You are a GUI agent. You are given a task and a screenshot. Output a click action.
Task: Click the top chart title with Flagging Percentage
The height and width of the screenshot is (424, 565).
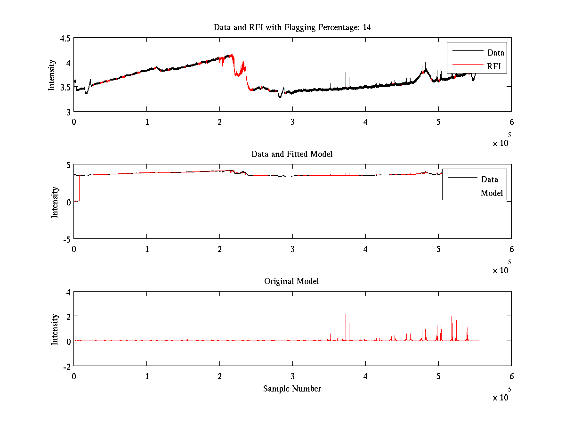tap(292, 27)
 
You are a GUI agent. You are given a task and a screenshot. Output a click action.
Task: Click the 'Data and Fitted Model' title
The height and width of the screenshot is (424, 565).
tap(292, 154)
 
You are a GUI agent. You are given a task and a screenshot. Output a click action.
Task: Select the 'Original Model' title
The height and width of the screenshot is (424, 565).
tap(291, 281)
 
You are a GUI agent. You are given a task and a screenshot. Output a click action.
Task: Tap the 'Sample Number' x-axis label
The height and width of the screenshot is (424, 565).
tap(292, 389)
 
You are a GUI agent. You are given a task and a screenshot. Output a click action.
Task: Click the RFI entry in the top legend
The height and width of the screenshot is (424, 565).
tap(494, 66)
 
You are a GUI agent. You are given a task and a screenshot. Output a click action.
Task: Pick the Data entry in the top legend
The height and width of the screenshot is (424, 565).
tap(495, 53)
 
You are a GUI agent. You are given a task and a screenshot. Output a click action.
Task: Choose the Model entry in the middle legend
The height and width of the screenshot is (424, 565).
tap(492, 193)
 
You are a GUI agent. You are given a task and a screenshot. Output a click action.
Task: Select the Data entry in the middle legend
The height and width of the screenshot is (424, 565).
tap(489, 179)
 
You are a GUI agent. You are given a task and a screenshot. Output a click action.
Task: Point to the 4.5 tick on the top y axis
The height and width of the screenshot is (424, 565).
tap(65, 39)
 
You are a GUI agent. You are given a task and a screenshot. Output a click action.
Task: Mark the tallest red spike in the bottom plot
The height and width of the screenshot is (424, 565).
tap(346, 315)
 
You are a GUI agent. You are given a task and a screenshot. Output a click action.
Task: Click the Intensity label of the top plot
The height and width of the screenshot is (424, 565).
tap(52, 74)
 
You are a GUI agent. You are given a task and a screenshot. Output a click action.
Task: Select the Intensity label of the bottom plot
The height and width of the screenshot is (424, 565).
tap(55, 329)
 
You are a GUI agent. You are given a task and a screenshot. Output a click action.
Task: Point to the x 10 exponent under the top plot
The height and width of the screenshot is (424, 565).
tap(502, 142)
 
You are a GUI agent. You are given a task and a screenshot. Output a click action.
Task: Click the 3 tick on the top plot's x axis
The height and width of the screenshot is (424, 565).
tap(292, 121)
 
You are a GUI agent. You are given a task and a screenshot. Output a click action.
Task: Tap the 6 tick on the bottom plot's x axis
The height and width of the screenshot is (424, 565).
tap(511, 376)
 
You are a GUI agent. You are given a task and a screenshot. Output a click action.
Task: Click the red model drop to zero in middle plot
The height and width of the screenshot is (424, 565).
tap(77, 201)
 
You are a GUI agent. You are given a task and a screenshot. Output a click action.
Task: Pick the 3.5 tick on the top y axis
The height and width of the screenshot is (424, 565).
tap(65, 87)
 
